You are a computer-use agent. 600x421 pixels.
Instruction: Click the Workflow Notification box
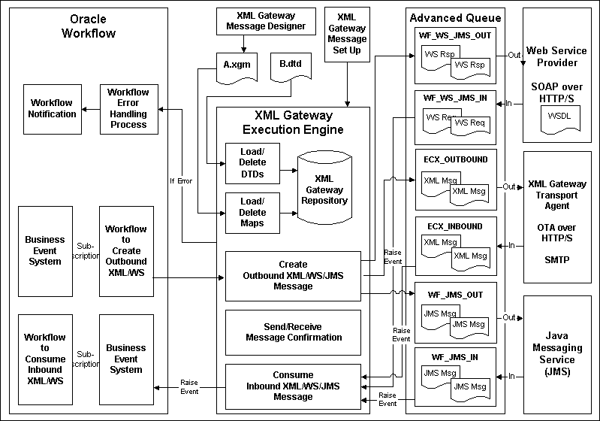[x=53, y=108]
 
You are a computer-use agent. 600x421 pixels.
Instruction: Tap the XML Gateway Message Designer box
[x=266, y=21]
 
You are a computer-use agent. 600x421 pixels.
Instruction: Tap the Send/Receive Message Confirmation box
[x=294, y=332]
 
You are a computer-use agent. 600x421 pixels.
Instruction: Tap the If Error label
[x=182, y=180]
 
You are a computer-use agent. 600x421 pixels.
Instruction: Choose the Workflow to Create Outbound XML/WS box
[x=126, y=250]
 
